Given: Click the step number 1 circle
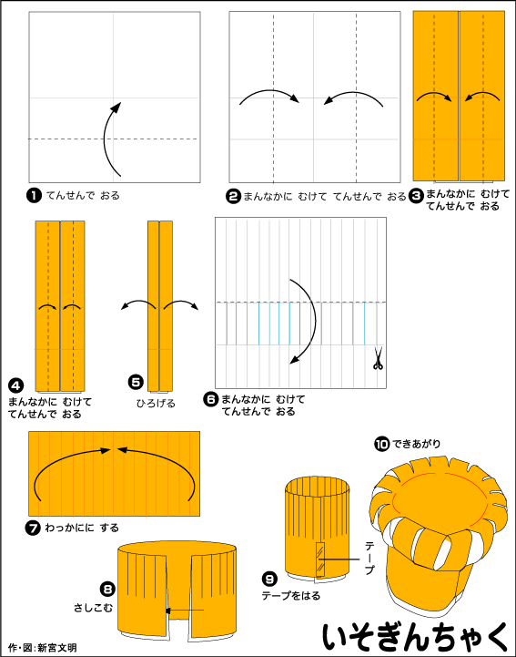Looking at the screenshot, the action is click(x=34, y=195).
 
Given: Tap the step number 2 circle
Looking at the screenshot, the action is click(x=234, y=196).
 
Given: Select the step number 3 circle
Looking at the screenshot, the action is click(x=416, y=195).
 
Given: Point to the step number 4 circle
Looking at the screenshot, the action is click(x=15, y=385).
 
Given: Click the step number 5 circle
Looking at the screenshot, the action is click(x=136, y=382).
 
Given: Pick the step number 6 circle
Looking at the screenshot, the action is click(x=211, y=399).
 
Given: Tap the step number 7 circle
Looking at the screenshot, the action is click(x=33, y=528).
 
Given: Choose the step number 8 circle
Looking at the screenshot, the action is click(x=107, y=590).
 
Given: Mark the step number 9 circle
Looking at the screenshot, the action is click(x=269, y=579).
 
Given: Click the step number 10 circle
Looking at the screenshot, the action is click(x=381, y=444).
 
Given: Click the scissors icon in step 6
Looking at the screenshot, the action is click(x=378, y=359).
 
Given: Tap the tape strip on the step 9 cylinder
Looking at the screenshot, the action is click(x=320, y=559).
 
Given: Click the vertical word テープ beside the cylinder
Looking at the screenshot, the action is click(x=370, y=558).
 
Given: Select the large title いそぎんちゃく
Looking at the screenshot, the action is click(x=416, y=637).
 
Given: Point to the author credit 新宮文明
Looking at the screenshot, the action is click(x=57, y=648).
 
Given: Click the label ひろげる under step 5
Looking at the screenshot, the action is click(x=156, y=404).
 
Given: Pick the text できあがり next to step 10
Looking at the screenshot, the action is click(x=417, y=444).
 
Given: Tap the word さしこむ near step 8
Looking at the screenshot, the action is click(x=93, y=608).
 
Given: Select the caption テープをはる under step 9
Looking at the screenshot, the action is click(x=291, y=595).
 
